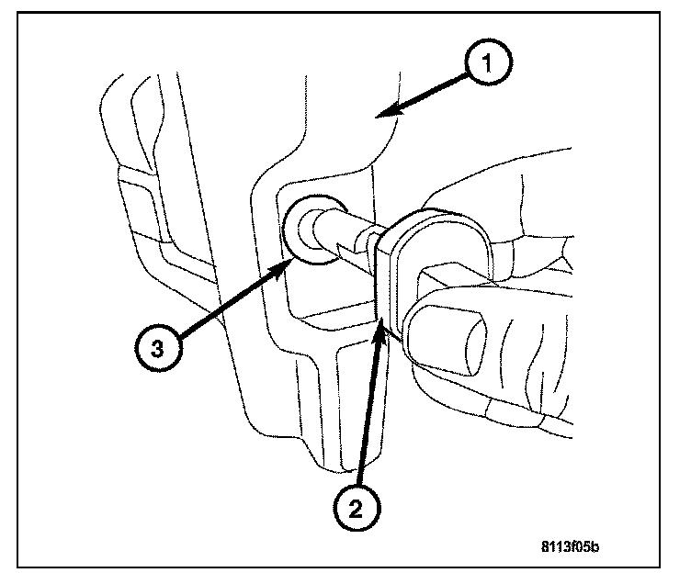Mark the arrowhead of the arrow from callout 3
tap(289, 261)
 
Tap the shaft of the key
tap(354, 241)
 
